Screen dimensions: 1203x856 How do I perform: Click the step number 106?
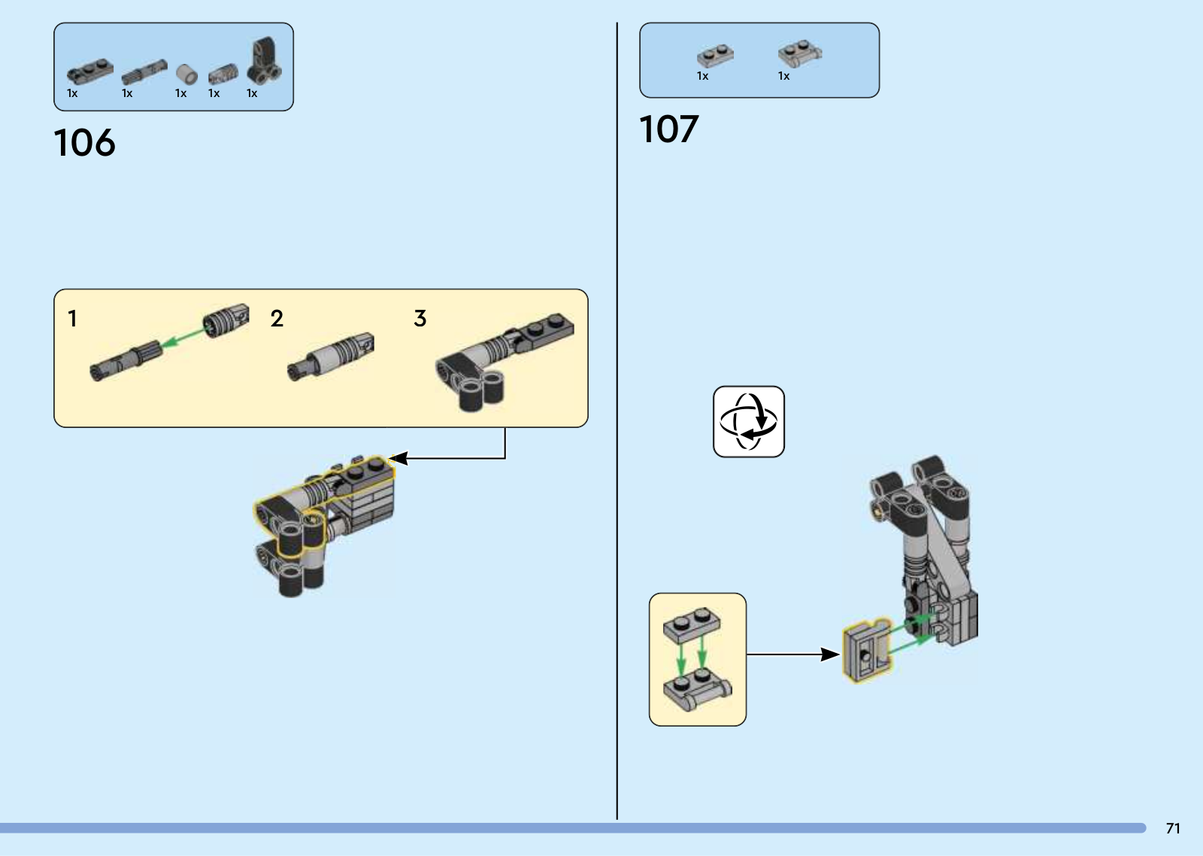pos(84,142)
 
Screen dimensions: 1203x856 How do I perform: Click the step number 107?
pos(668,129)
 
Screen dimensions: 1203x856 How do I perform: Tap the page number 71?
pos(1173,828)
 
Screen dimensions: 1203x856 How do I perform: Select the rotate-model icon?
pos(749,421)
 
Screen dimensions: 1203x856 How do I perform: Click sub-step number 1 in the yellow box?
pos(72,318)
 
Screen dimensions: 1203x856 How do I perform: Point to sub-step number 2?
pos(277,318)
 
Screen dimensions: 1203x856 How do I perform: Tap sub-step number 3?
pos(420,318)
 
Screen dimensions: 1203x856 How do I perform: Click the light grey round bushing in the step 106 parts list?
pos(186,74)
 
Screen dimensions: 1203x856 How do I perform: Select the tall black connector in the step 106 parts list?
pos(264,61)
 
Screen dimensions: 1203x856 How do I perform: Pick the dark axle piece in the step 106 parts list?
pos(144,72)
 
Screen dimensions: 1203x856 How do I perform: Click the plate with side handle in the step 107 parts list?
pos(800,53)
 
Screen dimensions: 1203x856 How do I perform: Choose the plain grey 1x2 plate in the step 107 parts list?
pos(715,56)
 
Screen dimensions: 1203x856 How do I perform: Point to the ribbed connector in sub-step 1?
pos(226,320)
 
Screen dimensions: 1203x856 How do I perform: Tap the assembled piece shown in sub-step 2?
pos(330,357)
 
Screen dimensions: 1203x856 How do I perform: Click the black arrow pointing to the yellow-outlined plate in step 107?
pos(792,654)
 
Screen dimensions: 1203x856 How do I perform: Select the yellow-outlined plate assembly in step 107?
pos(865,651)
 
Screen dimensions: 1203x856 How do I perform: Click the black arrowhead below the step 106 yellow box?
pos(398,458)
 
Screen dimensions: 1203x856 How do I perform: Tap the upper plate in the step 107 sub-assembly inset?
pos(692,625)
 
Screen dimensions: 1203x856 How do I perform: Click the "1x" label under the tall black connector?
pos(252,93)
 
